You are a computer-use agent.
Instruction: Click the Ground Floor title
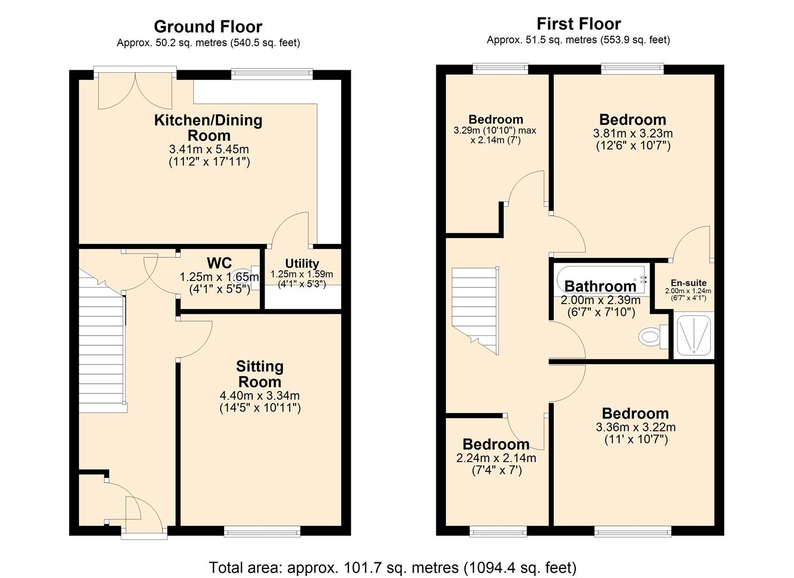[208, 27]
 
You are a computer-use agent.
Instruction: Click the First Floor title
[579, 24]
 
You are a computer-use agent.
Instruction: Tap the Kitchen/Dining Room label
[209, 127]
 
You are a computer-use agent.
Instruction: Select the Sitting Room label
[259, 374]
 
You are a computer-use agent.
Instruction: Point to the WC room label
[219, 263]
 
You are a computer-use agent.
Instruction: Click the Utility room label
[302, 263]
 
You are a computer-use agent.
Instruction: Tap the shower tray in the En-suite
[693, 336]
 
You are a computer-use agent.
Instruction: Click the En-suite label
[688, 283]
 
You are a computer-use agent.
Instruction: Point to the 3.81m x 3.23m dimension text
[633, 134]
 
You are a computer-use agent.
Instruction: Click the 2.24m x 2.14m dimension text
[496, 458]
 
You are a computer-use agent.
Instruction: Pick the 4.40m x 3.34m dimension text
[259, 396]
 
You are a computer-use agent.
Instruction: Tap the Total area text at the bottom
[392, 567]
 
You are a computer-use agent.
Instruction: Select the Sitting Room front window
[262, 531]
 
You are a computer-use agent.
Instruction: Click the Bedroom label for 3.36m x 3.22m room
[635, 413]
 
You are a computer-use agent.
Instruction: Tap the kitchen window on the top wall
[272, 74]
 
